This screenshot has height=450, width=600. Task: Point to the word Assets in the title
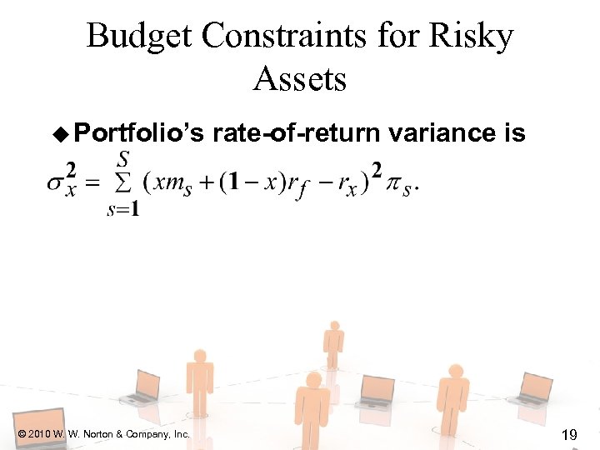299,79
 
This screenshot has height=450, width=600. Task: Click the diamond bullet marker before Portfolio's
60,133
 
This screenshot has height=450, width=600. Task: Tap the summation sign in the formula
124,182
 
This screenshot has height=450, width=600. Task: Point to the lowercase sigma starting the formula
55,183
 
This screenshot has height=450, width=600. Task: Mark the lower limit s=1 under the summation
123,209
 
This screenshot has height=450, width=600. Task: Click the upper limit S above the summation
124,157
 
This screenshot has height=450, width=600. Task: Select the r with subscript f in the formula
297,186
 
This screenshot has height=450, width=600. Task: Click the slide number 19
570,434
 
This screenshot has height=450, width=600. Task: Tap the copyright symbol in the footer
20,434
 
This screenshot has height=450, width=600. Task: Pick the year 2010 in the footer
39,434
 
